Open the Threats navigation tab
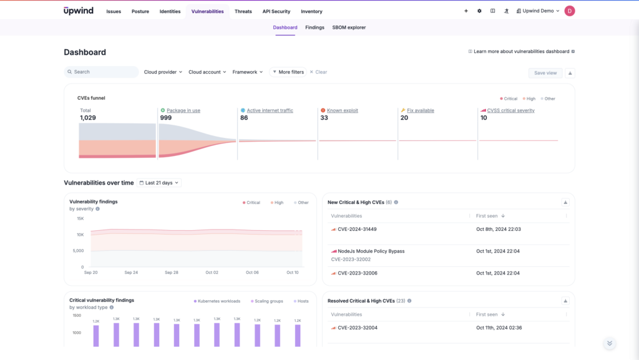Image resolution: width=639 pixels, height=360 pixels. (243, 11)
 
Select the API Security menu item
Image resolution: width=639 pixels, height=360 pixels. (276, 11)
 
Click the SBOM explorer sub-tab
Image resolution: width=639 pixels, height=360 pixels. (349, 27)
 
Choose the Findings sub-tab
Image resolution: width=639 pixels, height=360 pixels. (315, 27)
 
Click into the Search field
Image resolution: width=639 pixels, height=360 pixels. (103, 72)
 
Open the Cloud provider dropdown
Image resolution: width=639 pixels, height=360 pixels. (163, 72)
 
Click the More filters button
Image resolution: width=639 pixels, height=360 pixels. (288, 72)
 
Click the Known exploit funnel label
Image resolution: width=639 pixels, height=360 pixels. (343, 110)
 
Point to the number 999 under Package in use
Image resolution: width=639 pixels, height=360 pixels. (166, 118)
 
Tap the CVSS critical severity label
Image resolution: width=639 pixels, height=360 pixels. (510, 110)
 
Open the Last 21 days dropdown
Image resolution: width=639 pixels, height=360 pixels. (159, 183)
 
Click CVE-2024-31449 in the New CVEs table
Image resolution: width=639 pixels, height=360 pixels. (357, 229)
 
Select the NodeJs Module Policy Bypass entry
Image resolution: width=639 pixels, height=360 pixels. (371, 251)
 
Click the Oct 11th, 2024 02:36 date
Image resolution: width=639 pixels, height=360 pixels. (498, 328)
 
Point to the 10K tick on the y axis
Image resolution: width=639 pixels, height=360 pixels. (80, 235)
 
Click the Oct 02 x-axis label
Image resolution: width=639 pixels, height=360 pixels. (212, 273)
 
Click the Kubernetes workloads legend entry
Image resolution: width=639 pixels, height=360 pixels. (219, 301)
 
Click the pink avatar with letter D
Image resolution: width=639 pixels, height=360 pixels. (569, 11)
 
